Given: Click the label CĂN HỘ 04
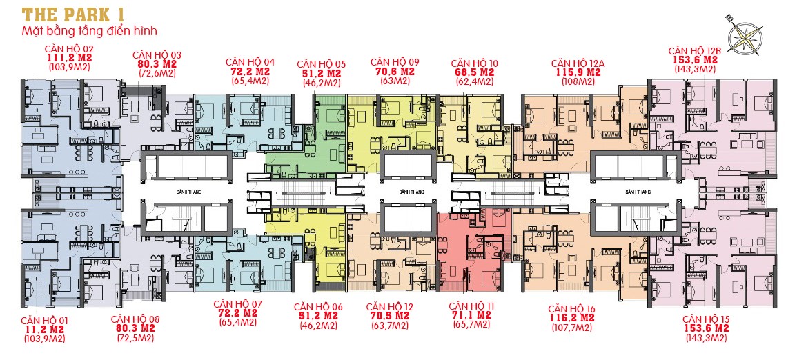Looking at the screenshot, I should click(250, 62).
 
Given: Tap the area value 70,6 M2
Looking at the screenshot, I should click(394, 71).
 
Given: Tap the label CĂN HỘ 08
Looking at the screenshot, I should click(135, 319).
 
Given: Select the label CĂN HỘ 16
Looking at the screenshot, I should click(571, 308).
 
